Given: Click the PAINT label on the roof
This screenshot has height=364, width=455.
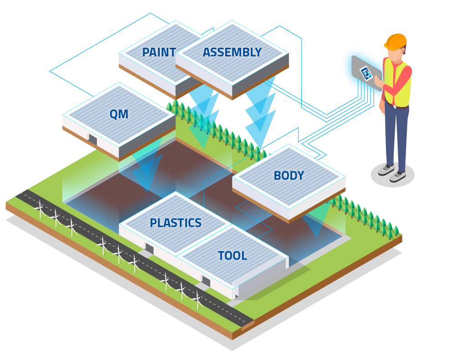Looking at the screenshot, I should pos(159,52).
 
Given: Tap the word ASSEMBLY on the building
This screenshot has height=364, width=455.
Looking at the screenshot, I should pos(232,52).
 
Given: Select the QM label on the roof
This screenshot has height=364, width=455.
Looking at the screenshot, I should pos(119,114).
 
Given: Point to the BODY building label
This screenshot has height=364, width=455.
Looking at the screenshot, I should pos(288,176).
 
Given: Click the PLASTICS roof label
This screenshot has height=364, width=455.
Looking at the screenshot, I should pos(176,223).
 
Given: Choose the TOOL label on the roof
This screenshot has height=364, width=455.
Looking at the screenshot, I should pos(232,256).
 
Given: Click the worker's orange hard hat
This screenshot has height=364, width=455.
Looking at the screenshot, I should pos(395,41).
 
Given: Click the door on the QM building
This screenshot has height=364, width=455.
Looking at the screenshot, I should pos(92,139).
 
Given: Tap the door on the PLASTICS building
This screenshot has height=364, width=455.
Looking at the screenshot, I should pos(149,248).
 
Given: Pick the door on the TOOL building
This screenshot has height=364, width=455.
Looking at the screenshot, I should pos(206,281).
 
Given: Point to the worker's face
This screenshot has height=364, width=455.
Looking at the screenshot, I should pos(397,53).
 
